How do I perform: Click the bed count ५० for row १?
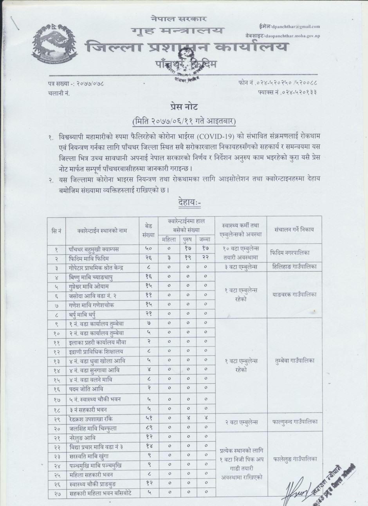point(148,249)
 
